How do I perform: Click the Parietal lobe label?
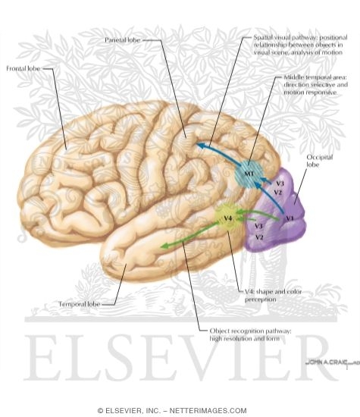pyautogui.click(x=122, y=40)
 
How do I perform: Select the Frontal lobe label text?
pyautogui.click(x=23, y=68)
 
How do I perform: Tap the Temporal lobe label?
pyautogui.click(x=80, y=304)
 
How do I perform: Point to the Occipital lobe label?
pyautogui.click(x=320, y=161)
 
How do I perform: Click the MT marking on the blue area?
pyautogui.click(x=249, y=174)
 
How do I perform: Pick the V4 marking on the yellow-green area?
pyautogui.click(x=228, y=218)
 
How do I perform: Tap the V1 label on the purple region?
pyautogui.click(x=290, y=218)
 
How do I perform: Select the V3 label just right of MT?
pyautogui.click(x=280, y=183)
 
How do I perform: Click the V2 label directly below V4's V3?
pyautogui.click(x=259, y=237)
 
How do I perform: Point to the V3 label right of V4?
pyautogui.click(x=258, y=226)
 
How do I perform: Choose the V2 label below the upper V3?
pyautogui.click(x=277, y=193)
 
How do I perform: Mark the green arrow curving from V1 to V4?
pyautogui.click(x=258, y=213)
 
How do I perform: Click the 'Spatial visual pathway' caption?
pyautogui.click(x=300, y=45)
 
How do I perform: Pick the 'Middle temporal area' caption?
pyautogui.click(x=315, y=85)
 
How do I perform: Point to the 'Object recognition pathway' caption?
pyautogui.click(x=250, y=334)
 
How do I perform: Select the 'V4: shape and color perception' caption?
pyautogui.click(x=273, y=295)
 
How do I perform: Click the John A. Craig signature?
pyautogui.click(x=333, y=362)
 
